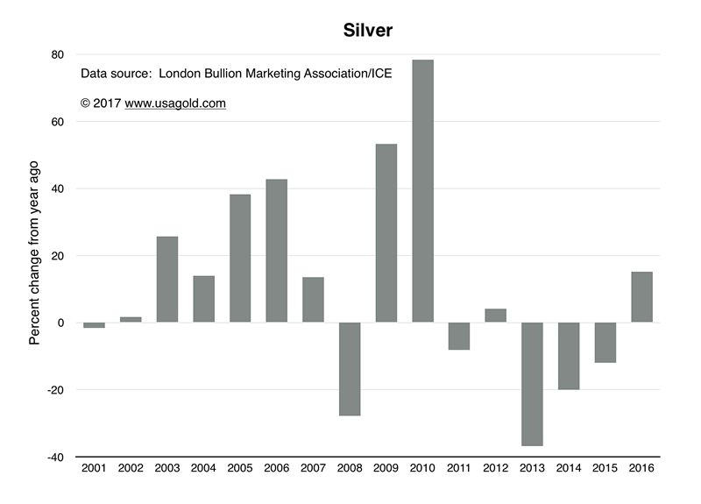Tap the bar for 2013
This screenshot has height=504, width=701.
pyautogui.click(x=532, y=384)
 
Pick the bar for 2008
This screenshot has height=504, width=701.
pyautogui.click(x=350, y=368)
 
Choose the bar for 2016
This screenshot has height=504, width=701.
pyautogui.click(x=641, y=297)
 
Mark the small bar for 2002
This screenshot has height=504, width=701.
pyautogui.click(x=131, y=320)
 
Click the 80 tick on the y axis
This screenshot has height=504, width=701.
pyautogui.click(x=57, y=54)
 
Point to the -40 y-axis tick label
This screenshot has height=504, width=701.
pyautogui.click(x=54, y=457)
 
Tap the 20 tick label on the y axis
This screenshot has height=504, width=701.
pyautogui.click(x=57, y=256)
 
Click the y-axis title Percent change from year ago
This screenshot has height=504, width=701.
pyautogui.click(x=35, y=254)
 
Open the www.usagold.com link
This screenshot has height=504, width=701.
pyautogui.click(x=175, y=103)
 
